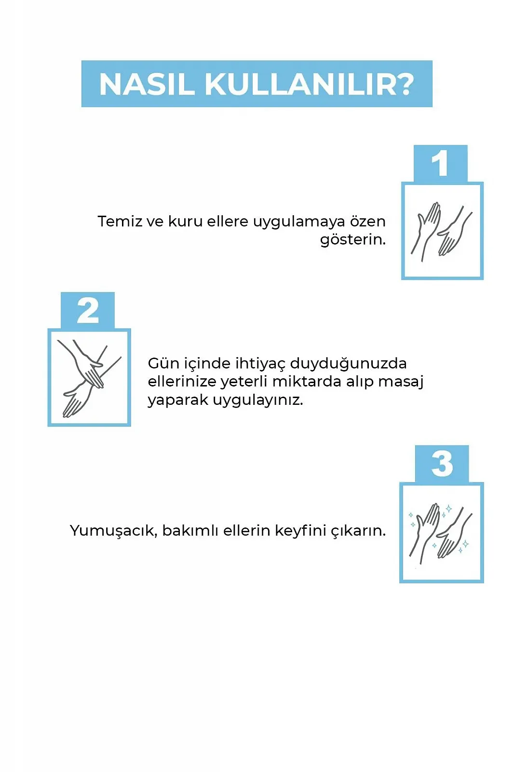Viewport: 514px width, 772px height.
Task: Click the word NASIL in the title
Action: coord(147,84)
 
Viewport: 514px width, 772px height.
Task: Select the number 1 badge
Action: coord(440,164)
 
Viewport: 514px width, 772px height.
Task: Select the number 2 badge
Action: coord(88,311)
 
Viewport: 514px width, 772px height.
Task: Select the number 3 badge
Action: coord(442,464)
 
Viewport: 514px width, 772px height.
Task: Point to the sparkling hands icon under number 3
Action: coord(441,533)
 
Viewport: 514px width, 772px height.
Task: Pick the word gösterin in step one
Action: coord(352,240)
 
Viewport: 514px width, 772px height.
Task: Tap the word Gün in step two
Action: coord(163,363)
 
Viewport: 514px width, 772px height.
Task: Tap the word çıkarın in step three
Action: coord(358,531)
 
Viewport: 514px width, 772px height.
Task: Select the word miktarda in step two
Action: coord(307,382)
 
